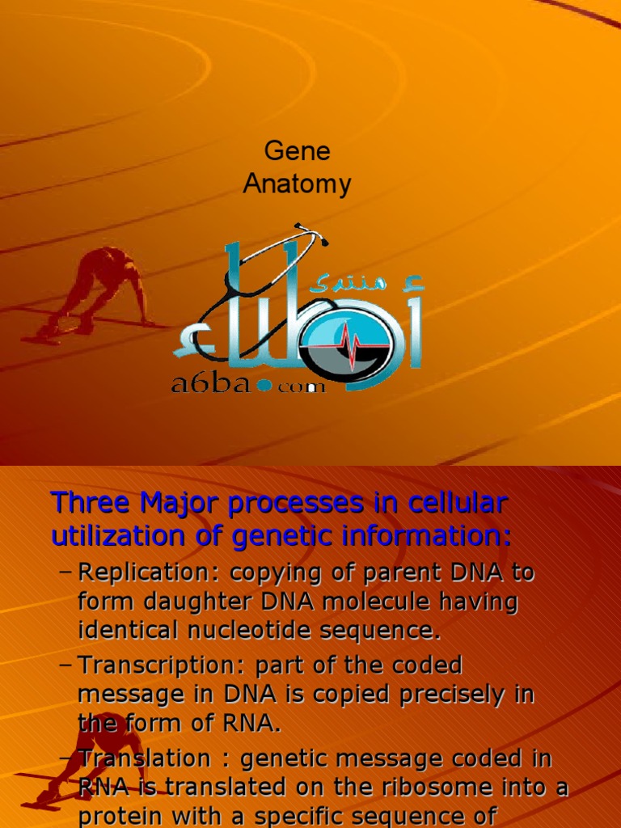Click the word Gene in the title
click(x=297, y=152)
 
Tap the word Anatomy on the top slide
click(x=297, y=184)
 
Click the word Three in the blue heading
click(x=90, y=503)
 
